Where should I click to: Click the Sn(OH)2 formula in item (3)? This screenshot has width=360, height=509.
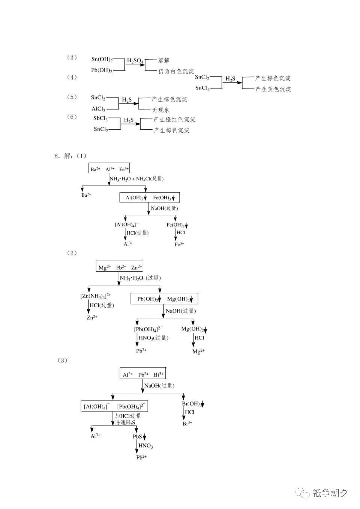point(102,59)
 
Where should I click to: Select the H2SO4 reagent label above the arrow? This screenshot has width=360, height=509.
point(135,61)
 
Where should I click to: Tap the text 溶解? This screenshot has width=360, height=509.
point(164,60)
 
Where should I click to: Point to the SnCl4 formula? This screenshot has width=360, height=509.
point(202,88)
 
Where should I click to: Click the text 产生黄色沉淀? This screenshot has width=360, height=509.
point(273,89)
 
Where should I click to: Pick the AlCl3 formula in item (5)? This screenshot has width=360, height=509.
point(99,109)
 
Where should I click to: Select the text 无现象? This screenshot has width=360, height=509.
point(160,110)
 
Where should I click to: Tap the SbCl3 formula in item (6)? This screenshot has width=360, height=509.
point(100,118)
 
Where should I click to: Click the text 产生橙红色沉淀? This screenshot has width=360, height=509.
point(174,120)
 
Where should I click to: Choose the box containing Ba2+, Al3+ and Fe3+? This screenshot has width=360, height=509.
point(109,169)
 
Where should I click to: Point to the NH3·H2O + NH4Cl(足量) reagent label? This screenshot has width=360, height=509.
point(136,179)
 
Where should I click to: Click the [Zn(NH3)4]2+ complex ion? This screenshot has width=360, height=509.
point(96,296)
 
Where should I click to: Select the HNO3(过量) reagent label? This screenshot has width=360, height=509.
point(153,338)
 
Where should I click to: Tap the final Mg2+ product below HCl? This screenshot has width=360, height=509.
point(198,351)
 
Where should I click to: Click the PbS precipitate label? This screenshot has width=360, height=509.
point(139,437)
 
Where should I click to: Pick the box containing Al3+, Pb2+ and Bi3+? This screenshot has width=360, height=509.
point(143,374)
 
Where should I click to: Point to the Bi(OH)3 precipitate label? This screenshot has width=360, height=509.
point(192,404)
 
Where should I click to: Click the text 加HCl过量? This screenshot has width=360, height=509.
point(128,416)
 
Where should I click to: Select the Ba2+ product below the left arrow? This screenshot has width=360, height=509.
point(86,195)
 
